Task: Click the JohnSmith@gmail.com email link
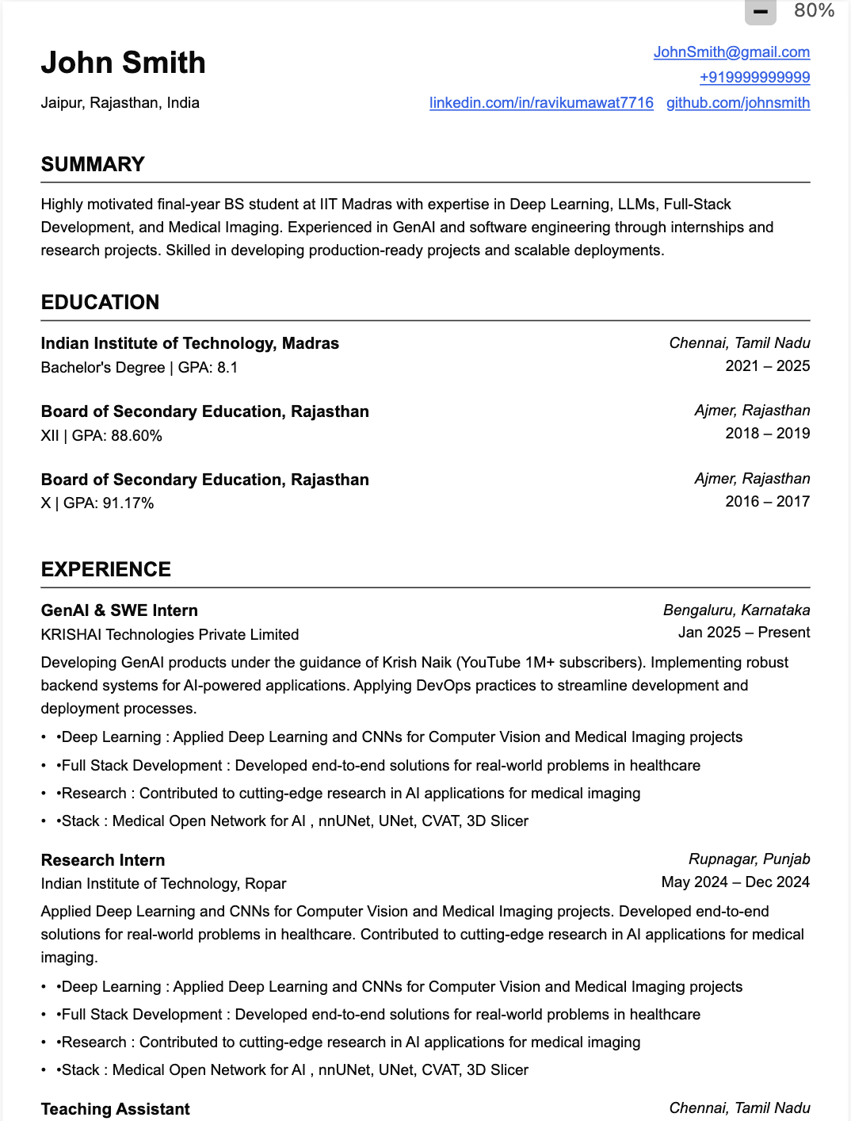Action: pos(731,52)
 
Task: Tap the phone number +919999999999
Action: pos(754,78)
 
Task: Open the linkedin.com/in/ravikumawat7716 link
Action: pos(541,103)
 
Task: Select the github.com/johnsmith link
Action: pos(738,103)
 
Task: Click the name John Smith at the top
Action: pos(124,63)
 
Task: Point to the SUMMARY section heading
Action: pos(93,164)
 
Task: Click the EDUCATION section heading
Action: pos(100,302)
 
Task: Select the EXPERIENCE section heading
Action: pos(106,569)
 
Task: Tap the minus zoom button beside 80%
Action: pos(760,11)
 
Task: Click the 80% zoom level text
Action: pos(814,10)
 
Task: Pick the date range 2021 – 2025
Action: pos(767,365)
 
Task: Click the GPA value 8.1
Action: pos(227,368)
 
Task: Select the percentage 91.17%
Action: pos(128,503)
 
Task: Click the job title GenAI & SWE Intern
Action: pos(120,610)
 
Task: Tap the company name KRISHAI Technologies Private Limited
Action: pos(170,635)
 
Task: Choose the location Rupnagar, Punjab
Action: pos(749,859)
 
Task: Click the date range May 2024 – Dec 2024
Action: pos(735,882)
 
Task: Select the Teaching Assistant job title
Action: pos(116,1109)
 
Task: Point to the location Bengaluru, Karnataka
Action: pos(736,610)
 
